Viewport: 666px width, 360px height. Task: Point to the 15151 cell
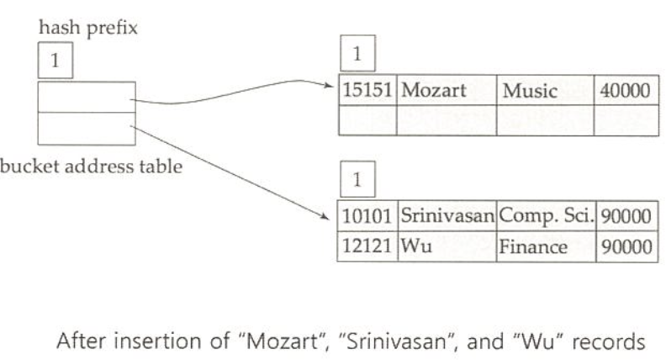click(x=367, y=91)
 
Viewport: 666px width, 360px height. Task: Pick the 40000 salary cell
click(x=623, y=91)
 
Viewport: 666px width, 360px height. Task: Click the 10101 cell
click(x=367, y=216)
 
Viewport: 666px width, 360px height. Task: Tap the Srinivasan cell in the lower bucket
click(x=447, y=216)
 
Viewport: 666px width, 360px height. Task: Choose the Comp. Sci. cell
click(x=545, y=216)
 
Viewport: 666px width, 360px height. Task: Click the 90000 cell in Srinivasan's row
click(x=623, y=216)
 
